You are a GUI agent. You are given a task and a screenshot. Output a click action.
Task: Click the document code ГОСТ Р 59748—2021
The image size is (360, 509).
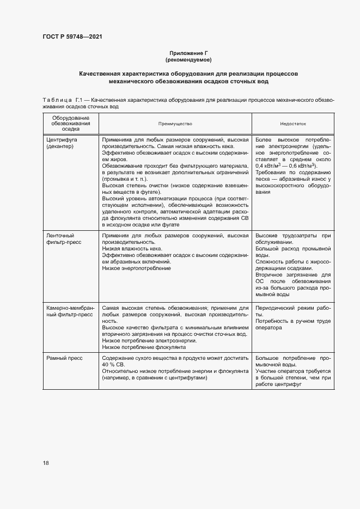pos(72,36)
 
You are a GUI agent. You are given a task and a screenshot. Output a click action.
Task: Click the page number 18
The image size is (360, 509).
pos(46,463)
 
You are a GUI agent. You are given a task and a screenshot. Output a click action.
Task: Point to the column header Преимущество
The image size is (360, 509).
pos(175,124)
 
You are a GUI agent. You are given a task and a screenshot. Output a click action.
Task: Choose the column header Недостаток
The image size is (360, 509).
pos(294,124)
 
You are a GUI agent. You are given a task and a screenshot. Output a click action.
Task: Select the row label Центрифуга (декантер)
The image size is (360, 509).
pos(62,144)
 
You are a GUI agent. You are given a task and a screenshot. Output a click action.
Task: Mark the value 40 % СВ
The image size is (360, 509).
pos(113,365)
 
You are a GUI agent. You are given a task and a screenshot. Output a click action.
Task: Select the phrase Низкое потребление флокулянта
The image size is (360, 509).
pos(144,347)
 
